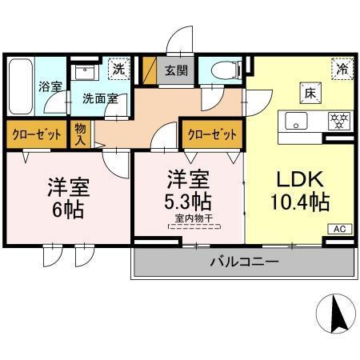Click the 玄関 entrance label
(x=177, y=70)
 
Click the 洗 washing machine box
(x=118, y=69)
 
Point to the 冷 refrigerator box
(x=341, y=69)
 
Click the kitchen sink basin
(x=295, y=122)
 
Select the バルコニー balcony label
(x=244, y=262)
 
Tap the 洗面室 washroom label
(x=102, y=98)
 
